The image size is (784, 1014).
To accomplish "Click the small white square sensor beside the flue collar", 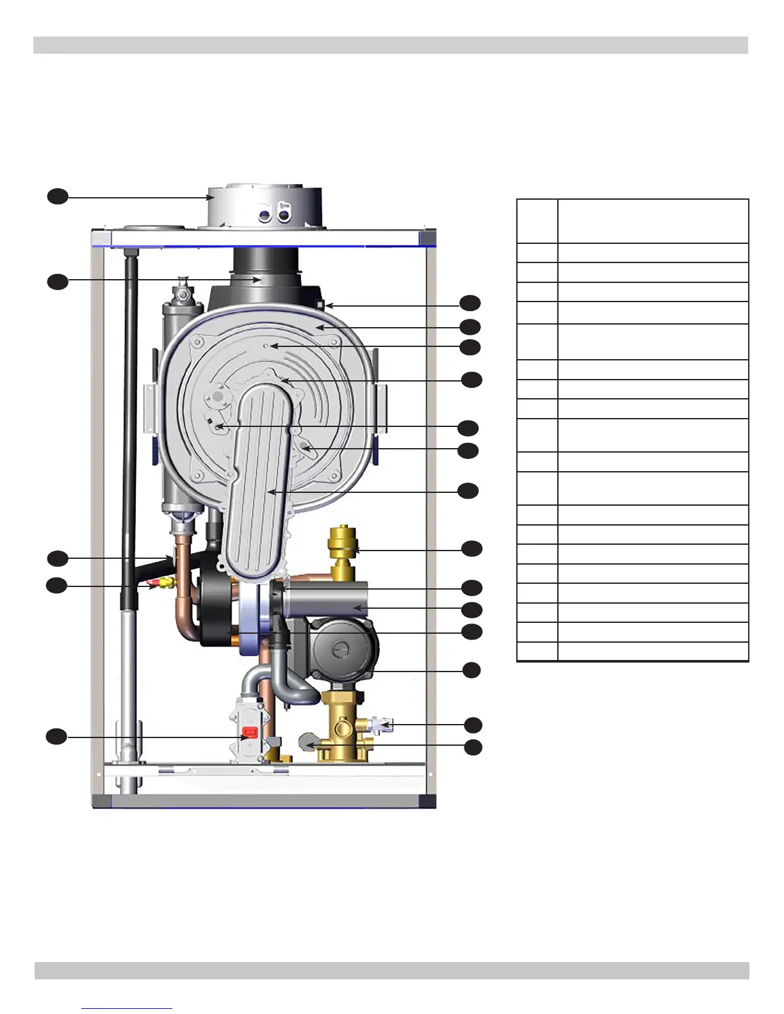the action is tap(321, 305).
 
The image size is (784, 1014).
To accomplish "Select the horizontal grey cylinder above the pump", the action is tap(327, 602).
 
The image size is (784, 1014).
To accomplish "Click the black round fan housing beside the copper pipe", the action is tap(214, 608).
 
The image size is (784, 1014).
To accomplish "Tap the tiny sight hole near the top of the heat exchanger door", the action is tap(267, 346).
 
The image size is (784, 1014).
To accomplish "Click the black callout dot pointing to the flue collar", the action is tap(58, 197).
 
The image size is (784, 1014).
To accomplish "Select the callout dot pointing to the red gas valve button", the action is tap(56, 737).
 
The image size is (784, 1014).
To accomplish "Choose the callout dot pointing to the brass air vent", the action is tap(471, 549).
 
